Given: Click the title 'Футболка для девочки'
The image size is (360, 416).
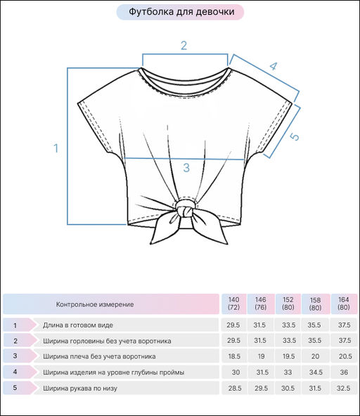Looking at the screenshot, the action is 181,12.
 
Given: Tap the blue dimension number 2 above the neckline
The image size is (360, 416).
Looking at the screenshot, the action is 184,46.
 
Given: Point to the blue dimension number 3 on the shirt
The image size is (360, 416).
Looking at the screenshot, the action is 186,168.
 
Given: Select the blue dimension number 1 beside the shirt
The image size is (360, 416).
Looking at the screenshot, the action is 56,148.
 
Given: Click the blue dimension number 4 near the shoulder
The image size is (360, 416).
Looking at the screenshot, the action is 274,66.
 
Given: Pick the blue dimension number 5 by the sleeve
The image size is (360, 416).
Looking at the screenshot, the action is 294,136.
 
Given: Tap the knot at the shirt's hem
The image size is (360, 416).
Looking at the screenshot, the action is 184,209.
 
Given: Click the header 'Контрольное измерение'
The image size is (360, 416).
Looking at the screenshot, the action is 95,304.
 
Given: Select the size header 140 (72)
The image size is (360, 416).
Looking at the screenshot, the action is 233,304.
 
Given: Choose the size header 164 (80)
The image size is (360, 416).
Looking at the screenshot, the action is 344,304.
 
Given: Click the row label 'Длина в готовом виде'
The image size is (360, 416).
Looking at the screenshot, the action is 78,325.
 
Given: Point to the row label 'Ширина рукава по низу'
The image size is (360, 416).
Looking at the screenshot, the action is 80,388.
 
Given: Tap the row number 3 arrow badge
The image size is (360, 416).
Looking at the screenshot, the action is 20,356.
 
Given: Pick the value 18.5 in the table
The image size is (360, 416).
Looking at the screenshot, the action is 234,356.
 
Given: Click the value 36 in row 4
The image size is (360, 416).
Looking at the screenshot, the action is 344,372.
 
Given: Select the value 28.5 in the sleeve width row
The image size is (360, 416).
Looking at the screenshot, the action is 235,388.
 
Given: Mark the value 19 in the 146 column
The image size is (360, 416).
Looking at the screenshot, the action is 262,356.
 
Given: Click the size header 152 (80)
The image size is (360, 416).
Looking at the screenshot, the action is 288,304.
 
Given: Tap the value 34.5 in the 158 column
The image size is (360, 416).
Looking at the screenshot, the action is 316,372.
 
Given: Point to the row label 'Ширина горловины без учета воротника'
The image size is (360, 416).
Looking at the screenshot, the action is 107,341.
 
